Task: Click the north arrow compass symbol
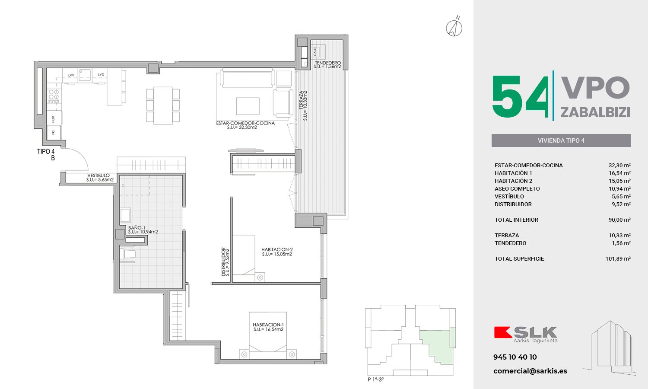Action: pyautogui.click(x=454, y=26)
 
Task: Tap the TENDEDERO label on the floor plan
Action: pyautogui.click(x=327, y=63)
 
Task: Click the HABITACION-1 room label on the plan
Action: pyautogui.click(x=268, y=325)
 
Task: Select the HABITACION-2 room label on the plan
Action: pyautogui.click(x=277, y=249)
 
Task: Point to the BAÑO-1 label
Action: pyautogui.click(x=137, y=228)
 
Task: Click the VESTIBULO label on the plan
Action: pyautogui.click(x=98, y=175)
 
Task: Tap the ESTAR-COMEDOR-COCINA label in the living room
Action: pyautogui.click(x=245, y=123)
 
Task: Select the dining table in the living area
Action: pyautogui.click(x=163, y=105)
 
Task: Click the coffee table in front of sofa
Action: pyautogui.click(x=248, y=106)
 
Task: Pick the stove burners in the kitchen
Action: pyautogui.click(x=54, y=96)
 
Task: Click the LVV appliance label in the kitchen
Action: pyautogui.click(x=71, y=75)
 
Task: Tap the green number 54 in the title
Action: pyautogui.click(x=520, y=97)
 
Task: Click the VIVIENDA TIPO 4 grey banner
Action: pyautogui.click(x=561, y=140)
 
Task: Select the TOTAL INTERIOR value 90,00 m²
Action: pyautogui.click(x=619, y=220)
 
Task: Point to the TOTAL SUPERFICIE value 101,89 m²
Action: pyautogui.click(x=618, y=258)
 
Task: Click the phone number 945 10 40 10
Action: pyautogui.click(x=515, y=357)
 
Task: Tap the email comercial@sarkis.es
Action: pyautogui.click(x=530, y=371)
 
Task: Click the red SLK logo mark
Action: pyautogui.click(x=503, y=332)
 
